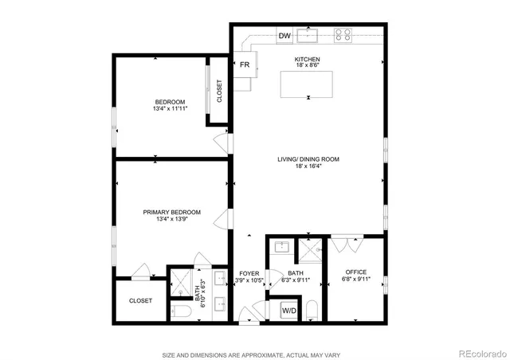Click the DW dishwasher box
pyautogui.click(x=284, y=35)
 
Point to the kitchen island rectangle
pyautogui.click(x=308, y=84)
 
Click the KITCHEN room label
pyautogui.click(x=308, y=60)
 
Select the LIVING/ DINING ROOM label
pyautogui.click(x=308, y=159)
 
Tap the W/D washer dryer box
pyautogui.click(x=289, y=309)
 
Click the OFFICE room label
pyautogui.click(x=355, y=272)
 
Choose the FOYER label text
pyautogui.click(x=247, y=273)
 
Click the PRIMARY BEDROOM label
pyautogui.click(x=171, y=212)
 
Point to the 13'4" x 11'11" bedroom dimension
pyautogui.click(x=170, y=109)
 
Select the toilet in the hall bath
pyautogui.click(x=312, y=310)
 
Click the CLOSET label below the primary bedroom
pyautogui.click(x=140, y=301)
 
